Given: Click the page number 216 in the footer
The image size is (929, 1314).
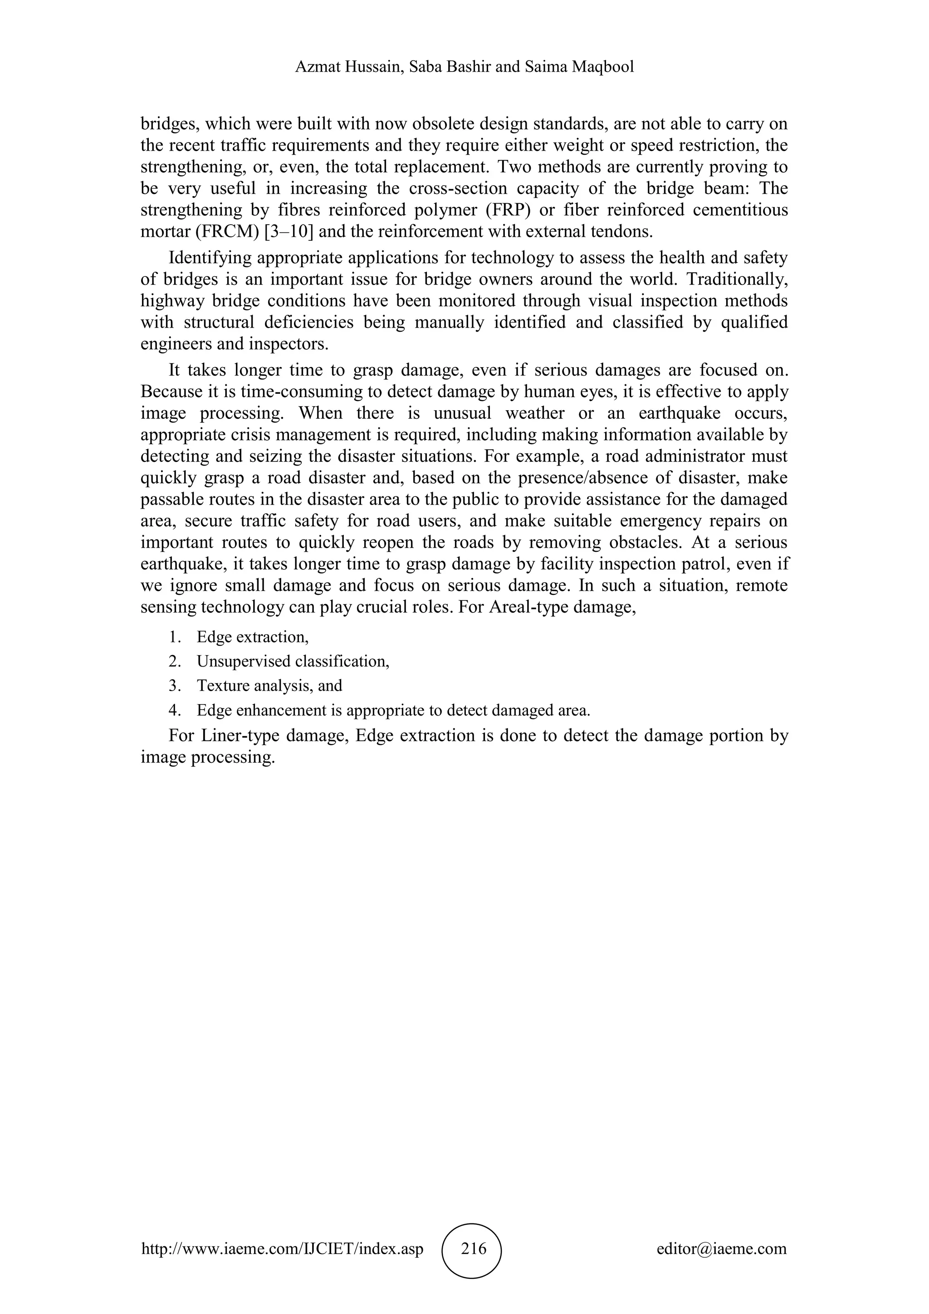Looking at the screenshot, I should click(473, 1248).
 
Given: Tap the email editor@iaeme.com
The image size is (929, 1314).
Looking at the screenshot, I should click(721, 1248).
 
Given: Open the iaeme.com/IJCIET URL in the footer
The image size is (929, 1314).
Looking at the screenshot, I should click(282, 1248).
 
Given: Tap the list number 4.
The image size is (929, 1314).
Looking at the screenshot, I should click(174, 710).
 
